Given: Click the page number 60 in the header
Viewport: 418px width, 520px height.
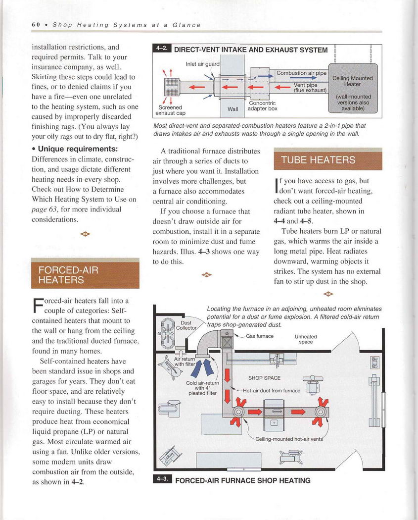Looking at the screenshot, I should pos(35,25).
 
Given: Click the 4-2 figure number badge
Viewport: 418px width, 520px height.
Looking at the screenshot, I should pos(162,50).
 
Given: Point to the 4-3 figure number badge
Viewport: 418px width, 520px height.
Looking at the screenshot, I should pos(162,480).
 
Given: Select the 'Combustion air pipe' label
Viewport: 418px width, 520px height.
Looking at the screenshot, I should pos(301,73).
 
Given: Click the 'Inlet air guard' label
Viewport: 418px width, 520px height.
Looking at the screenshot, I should pos(203,64).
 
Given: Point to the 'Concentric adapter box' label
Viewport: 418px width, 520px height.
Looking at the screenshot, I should pos(262,105).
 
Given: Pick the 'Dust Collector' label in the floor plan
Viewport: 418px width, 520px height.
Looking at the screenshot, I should pos(186,325).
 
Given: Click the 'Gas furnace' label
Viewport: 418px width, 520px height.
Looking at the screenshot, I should pos(260,336).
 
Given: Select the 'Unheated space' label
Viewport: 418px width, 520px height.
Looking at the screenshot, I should pos(306,339).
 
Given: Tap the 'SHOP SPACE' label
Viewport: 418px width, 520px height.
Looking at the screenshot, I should pos(264,378).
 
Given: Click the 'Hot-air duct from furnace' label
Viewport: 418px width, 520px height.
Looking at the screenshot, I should pos(272,390).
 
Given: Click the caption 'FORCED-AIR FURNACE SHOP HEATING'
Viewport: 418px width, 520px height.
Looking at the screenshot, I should pos(243,480).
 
